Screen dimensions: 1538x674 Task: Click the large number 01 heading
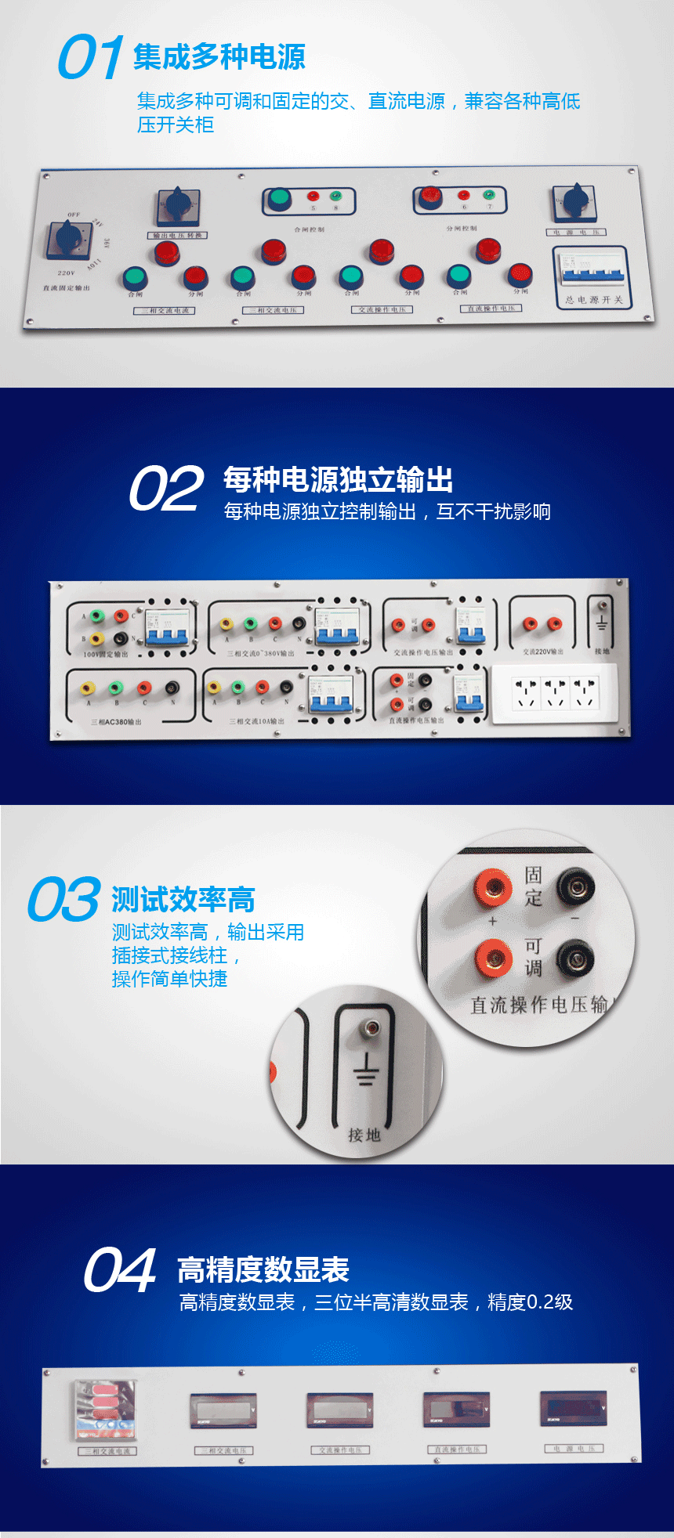(x=90, y=57)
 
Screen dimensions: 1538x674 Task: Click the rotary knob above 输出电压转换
(x=178, y=206)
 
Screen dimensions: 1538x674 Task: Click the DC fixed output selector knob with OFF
(x=67, y=237)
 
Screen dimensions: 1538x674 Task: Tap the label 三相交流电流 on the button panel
(x=164, y=311)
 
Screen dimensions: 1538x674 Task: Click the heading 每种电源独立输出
(x=338, y=479)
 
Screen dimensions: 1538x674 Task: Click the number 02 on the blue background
(x=166, y=489)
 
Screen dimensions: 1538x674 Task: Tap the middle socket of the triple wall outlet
(x=556, y=692)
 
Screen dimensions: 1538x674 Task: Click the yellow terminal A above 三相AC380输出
(x=88, y=688)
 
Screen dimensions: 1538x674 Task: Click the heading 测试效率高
(x=183, y=900)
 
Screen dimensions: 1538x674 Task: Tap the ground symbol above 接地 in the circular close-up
(x=365, y=1068)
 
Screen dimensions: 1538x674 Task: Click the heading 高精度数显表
(x=263, y=1270)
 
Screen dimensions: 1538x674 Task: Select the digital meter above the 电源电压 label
(x=574, y=1410)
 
